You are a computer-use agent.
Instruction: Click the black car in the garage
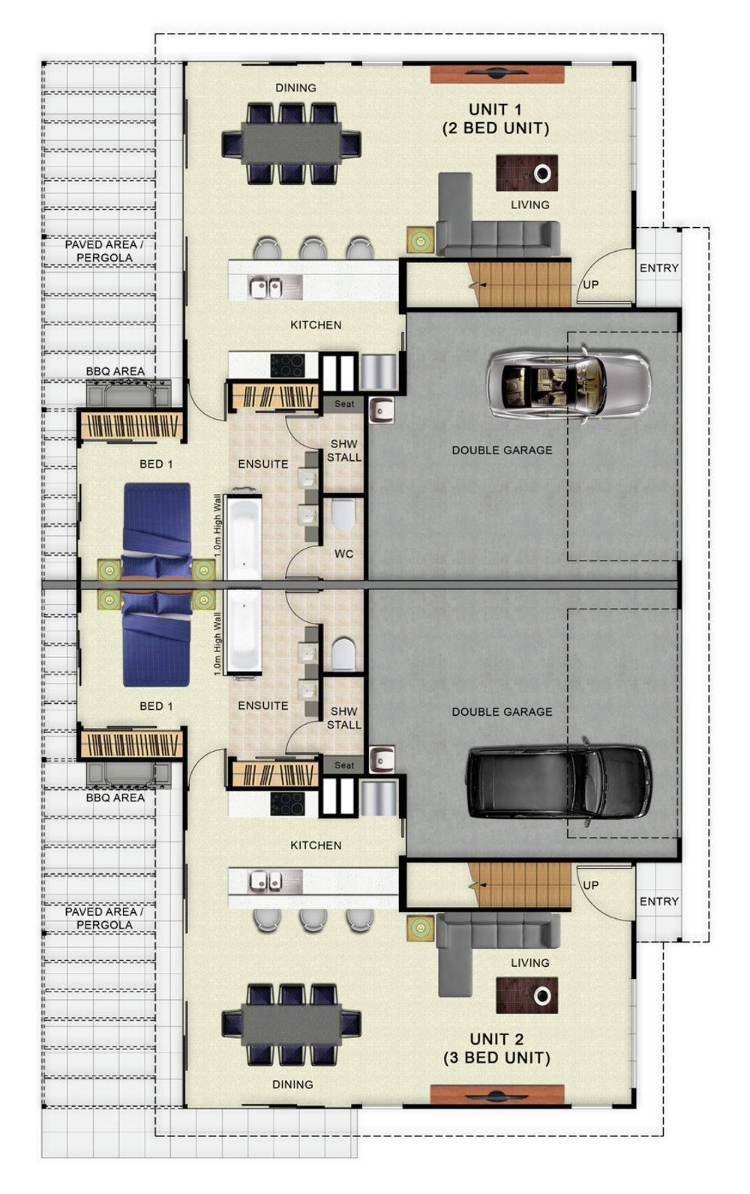[559, 782]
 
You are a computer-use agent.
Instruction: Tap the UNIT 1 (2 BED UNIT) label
[496, 119]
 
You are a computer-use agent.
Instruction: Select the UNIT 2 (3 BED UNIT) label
[496, 1049]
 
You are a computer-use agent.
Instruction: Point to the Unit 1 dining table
[291, 143]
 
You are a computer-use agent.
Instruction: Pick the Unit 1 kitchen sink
[265, 288]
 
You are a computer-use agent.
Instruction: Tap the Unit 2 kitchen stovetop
[287, 803]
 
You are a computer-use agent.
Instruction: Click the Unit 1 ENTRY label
[658, 268]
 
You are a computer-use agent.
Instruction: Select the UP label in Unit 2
[590, 885]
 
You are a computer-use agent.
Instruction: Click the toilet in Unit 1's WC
[343, 514]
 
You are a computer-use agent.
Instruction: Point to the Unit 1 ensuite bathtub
[244, 537]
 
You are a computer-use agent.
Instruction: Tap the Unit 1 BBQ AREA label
[115, 371]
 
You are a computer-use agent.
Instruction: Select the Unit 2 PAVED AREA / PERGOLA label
[104, 918]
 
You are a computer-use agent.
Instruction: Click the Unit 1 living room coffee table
[527, 172]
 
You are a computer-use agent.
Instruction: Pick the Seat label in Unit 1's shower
[344, 404]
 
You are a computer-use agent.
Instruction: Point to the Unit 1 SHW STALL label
[344, 450]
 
